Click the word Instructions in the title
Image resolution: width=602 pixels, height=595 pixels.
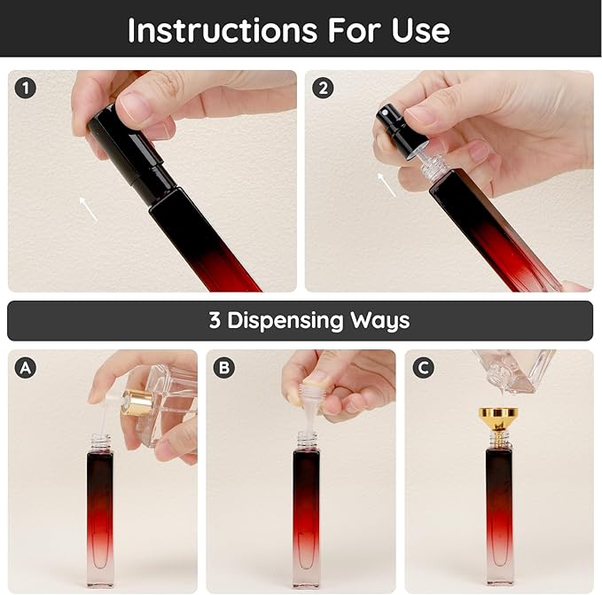point(223,30)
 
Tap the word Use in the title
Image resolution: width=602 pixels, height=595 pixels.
point(421,30)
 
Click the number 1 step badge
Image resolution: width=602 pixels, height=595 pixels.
point(26,89)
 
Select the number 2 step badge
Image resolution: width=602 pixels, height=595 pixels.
point(323,89)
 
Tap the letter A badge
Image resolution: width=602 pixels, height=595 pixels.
point(26,368)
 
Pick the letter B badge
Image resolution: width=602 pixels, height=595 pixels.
point(223,368)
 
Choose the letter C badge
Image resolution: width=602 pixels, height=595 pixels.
point(423,368)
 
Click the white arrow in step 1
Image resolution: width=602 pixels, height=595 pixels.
point(89,208)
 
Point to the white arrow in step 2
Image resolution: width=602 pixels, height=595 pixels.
point(387,184)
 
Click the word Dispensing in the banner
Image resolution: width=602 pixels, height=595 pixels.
point(285,320)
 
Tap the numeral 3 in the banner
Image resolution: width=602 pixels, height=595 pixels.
point(215,320)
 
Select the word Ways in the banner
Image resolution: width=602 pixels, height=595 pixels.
point(379,320)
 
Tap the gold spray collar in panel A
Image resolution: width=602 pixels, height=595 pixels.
point(138,403)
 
